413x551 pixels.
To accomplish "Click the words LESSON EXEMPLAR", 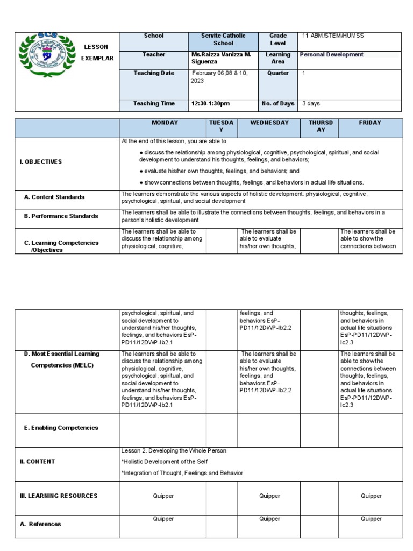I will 97,53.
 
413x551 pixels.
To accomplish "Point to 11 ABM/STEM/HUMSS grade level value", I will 333,36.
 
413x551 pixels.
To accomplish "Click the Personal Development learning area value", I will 332,55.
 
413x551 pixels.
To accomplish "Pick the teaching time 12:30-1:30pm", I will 210,103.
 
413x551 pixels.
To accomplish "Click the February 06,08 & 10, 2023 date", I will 219,77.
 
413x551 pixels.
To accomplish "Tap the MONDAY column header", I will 165,123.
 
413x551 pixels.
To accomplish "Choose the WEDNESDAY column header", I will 268,123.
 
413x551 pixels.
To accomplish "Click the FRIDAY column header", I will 369,123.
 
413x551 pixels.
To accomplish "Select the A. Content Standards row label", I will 54,197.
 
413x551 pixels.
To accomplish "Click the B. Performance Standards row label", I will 61,216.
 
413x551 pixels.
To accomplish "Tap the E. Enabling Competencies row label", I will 61,428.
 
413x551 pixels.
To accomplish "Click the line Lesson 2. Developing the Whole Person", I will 174,451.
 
